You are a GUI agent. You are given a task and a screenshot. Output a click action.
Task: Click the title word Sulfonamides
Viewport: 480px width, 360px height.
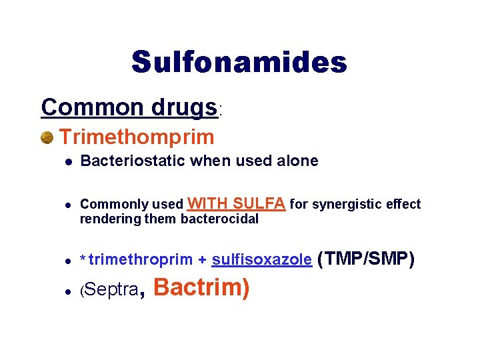[239, 62]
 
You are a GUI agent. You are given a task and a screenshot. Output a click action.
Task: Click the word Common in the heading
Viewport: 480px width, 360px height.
[82, 107]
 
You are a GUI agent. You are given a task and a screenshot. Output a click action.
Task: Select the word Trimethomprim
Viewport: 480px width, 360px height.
[137, 137]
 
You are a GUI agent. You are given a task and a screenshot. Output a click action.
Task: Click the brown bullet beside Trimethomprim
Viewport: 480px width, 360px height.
[47, 138]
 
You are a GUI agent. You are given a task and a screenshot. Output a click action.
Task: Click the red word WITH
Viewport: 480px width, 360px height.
[209, 203]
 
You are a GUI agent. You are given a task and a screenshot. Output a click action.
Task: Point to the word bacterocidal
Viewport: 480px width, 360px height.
[219, 219]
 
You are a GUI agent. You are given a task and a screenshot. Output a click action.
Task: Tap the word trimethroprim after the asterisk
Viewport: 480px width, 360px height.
[141, 260]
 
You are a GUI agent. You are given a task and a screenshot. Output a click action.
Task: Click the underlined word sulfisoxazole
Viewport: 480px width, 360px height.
[261, 260]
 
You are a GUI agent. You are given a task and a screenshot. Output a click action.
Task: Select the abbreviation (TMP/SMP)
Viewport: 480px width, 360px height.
[367, 258]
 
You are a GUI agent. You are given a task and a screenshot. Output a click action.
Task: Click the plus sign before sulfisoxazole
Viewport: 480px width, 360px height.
[202, 260]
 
